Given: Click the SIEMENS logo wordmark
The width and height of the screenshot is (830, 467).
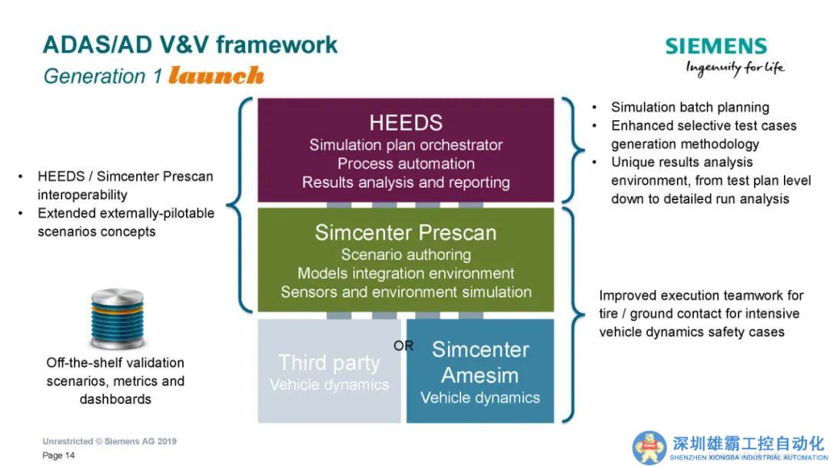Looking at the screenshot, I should click(716, 46).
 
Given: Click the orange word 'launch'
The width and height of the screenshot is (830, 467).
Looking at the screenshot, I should click(216, 75).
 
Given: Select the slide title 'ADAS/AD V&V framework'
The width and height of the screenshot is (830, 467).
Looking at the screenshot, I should click(190, 45).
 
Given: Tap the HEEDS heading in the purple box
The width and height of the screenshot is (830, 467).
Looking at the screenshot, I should click(405, 122).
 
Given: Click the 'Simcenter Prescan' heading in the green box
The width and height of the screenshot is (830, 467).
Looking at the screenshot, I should click(405, 232).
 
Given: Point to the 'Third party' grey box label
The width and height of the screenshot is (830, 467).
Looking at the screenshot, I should click(329, 362).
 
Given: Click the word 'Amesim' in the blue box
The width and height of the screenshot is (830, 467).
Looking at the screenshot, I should click(480, 375).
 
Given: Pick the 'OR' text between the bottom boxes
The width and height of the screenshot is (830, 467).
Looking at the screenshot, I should click(403, 345).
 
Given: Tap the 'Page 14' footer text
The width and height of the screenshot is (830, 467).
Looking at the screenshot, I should click(58, 455).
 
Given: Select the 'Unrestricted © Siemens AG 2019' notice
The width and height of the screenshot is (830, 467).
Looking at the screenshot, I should click(109, 442).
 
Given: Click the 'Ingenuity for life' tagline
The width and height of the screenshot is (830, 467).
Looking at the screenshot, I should click(735, 68).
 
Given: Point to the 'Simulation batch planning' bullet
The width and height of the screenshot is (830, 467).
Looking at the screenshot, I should click(689, 107).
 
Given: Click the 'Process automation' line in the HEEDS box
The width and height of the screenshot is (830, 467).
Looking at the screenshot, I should click(406, 163).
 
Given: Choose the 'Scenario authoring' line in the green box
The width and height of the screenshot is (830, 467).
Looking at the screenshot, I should click(406, 254).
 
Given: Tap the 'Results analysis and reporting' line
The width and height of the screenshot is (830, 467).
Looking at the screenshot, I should click(406, 182).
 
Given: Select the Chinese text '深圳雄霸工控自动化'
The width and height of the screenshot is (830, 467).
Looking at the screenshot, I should click(748, 443).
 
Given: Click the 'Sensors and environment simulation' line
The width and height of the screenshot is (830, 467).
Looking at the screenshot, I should click(406, 292).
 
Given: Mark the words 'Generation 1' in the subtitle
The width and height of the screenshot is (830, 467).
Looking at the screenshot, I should click(102, 76).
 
